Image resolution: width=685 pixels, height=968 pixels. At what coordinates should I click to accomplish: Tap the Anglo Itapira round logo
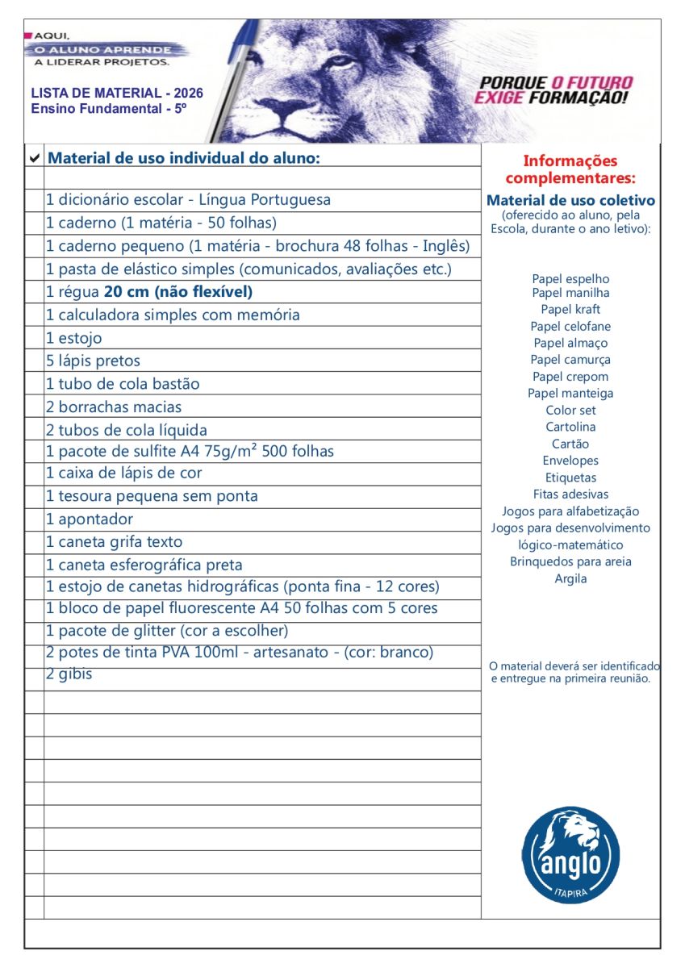coord(570,854)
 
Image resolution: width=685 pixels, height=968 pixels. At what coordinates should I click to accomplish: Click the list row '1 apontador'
coord(90,519)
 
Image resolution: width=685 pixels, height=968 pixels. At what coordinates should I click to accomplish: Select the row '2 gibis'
coord(69,674)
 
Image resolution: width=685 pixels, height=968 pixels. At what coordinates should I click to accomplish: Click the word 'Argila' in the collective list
coord(570,578)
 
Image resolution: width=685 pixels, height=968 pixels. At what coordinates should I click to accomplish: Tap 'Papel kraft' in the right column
coord(570,309)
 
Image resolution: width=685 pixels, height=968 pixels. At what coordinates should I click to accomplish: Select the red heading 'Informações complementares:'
coord(570,169)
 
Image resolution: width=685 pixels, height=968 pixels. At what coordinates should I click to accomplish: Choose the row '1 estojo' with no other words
coord(74,338)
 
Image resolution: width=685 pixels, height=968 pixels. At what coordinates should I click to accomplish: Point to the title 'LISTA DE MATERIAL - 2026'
coord(117,94)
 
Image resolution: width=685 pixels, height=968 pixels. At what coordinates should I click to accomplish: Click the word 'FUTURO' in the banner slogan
coord(592,83)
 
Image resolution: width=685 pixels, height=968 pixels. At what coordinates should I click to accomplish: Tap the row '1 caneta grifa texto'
coord(114,542)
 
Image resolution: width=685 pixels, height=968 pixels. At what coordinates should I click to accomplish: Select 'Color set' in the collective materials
coord(570,410)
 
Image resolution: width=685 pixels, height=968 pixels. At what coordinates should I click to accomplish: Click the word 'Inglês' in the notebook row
coord(445,246)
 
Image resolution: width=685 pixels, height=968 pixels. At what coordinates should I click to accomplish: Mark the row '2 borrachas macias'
coord(114,407)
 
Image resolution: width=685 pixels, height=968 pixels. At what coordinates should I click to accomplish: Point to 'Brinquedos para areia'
coord(570,561)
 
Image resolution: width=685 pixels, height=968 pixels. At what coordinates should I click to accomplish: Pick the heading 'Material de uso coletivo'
coord(570,200)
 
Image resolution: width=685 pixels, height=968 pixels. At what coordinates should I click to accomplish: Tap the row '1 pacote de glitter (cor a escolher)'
coord(167,630)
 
